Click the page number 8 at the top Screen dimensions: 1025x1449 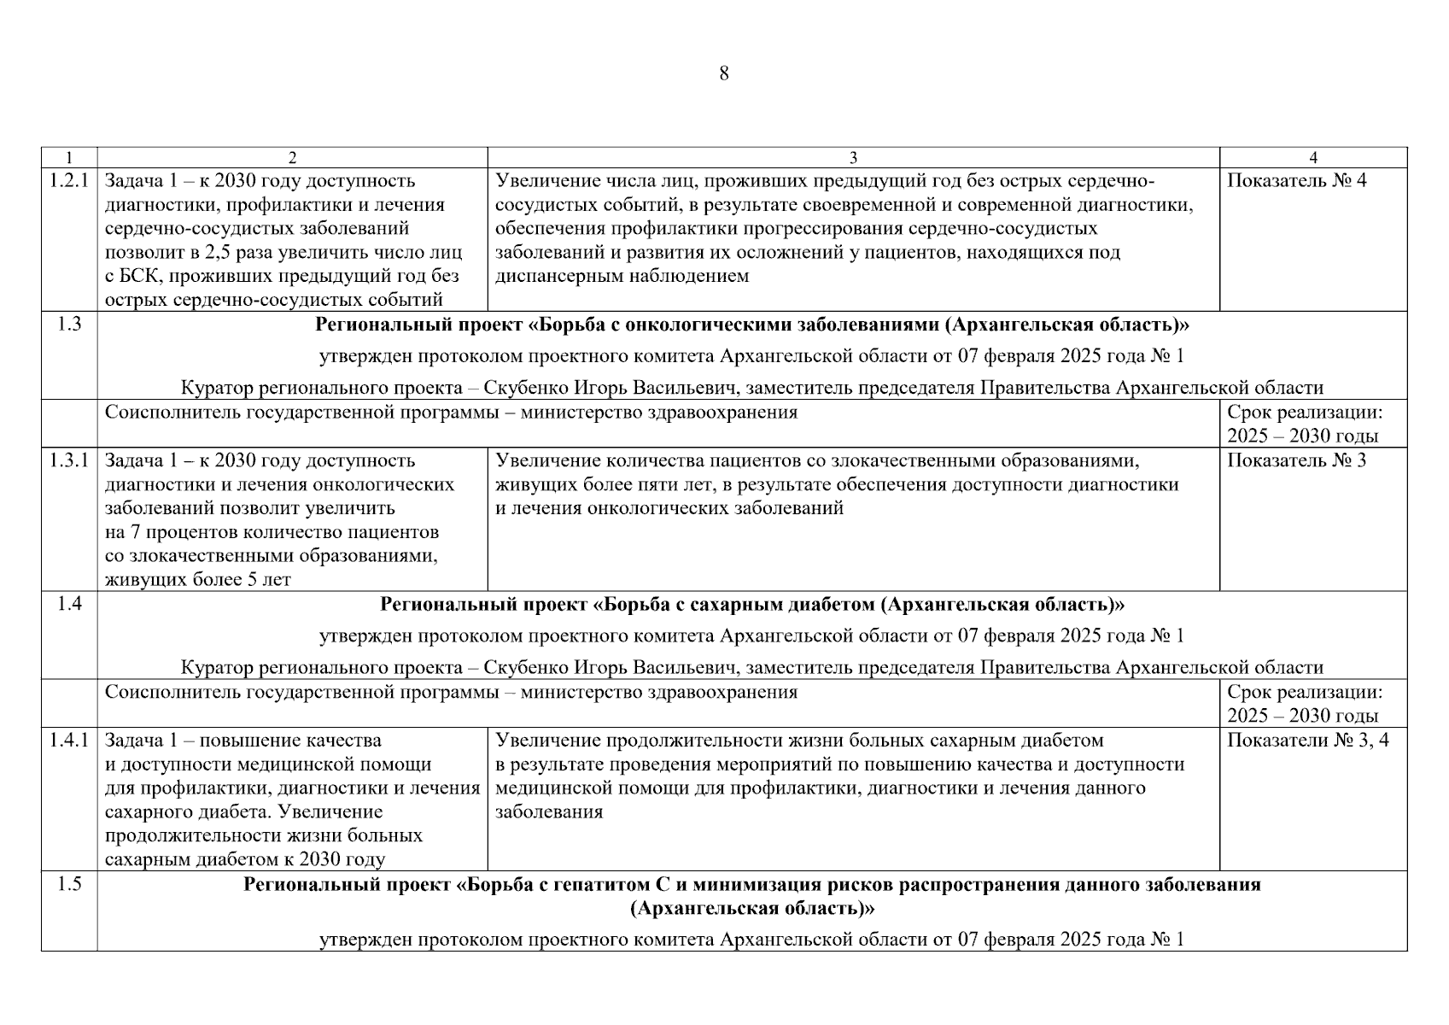tap(724, 73)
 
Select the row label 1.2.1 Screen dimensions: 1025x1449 tap(69, 181)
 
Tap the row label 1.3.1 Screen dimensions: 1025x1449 tap(69, 461)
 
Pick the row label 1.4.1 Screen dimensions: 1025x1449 tap(69, 741)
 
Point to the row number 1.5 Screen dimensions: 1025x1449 tap(69, 885)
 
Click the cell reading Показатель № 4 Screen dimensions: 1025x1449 tap(1296, 181)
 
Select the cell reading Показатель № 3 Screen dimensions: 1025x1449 tap(1296, 461)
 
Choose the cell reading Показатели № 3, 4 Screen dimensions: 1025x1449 tap(1307, 741)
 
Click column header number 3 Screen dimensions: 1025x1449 tap(853, 157)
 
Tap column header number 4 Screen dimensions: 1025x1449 tap(1313, 157)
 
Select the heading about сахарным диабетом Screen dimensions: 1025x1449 tap(751, 606)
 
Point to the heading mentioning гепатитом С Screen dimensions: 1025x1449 tap(751, 886)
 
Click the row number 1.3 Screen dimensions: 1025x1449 tap(69, 325)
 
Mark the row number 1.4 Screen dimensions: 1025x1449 tap(69, 605)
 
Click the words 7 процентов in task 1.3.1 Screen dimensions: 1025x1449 tap(174, 533)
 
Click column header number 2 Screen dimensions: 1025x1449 tap(292, 157)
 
